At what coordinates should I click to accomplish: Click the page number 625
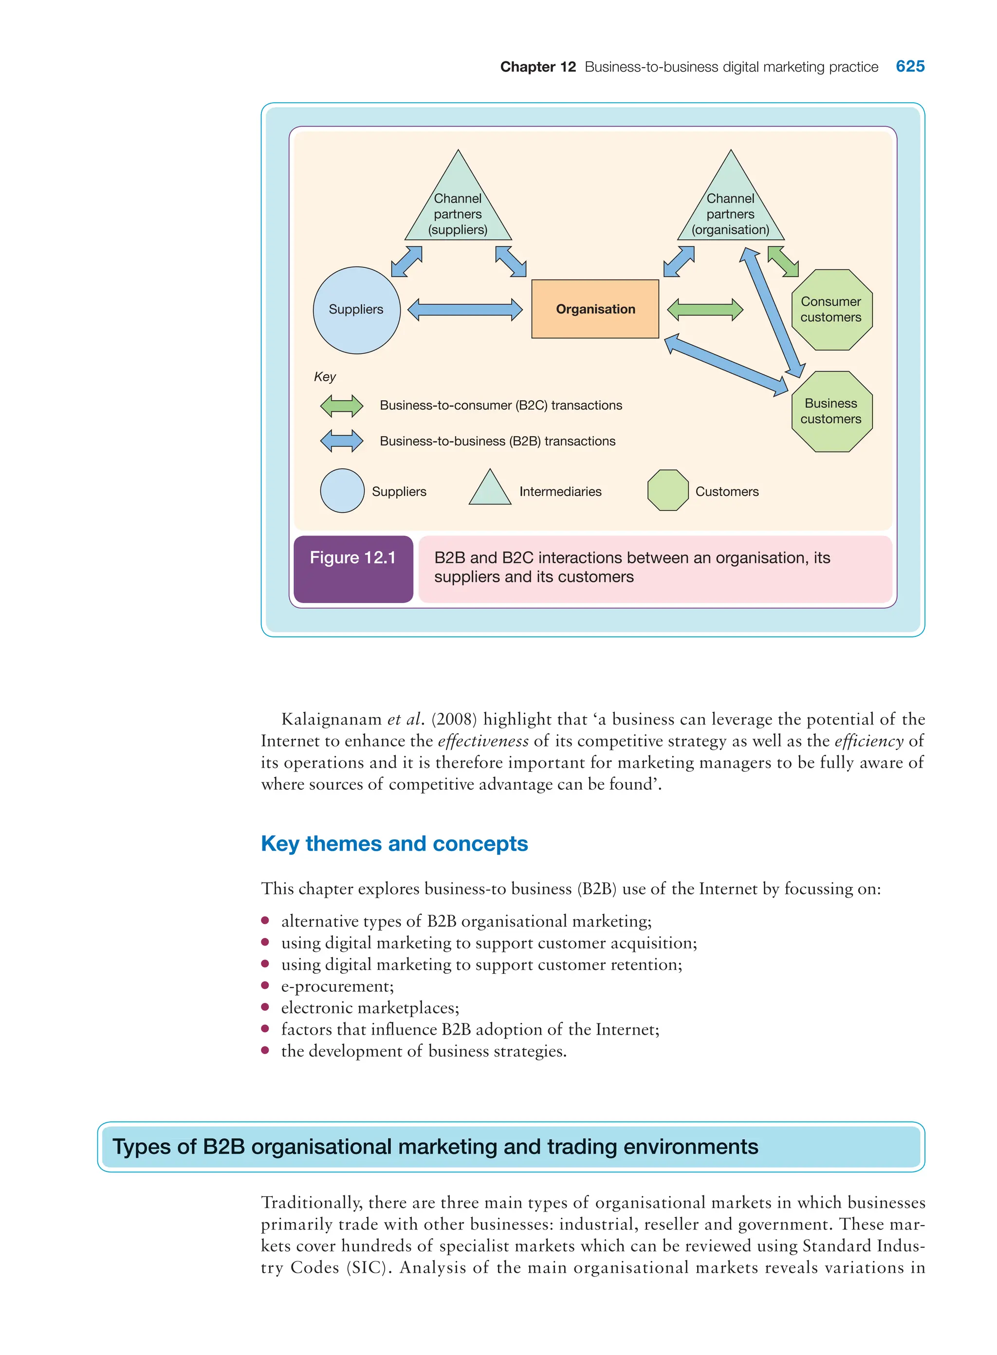click(909, 66)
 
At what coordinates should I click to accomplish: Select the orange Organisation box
click(594, 309)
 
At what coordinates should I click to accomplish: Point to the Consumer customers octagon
click(831, 310)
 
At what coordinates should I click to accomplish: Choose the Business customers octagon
click(831, 411)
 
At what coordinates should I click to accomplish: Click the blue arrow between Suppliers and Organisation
click(465, 310)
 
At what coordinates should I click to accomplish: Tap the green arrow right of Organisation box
click(704, 310)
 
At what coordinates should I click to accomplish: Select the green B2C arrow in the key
click(342, 406)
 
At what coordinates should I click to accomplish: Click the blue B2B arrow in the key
click(342, 441)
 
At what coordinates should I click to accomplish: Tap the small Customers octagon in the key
click(667, 490)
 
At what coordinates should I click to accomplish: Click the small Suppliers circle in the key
click(342, 491)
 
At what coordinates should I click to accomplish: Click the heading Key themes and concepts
click(394, 843)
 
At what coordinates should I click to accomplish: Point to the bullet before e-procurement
click(265, 985)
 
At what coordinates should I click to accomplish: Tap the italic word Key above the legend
click(325, 377)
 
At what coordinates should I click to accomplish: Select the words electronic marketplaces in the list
click(370, 1007)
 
